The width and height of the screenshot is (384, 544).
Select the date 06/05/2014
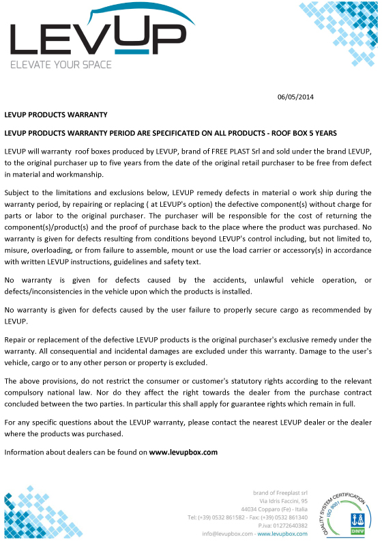point(295,96)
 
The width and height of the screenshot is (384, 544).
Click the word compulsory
point(25,392)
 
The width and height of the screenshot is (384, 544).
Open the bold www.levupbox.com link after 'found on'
point(183,452)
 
